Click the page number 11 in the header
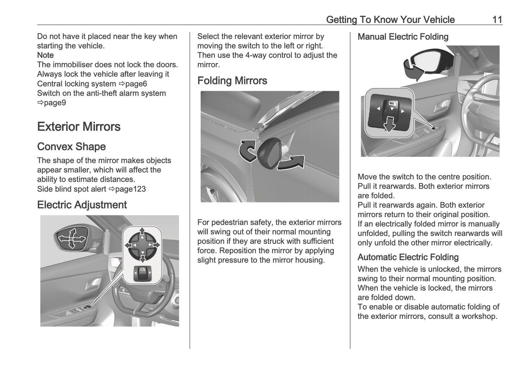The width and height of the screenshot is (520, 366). [x=497, y=19]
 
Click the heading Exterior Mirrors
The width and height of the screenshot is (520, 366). [x=79, y=127]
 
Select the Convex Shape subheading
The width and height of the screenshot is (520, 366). [x=71, y=147]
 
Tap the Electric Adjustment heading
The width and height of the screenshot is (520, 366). [x=82, y=205]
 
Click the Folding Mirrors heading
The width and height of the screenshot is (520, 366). [x=232, y=81]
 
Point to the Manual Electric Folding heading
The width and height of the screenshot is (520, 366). [x=403, y=37]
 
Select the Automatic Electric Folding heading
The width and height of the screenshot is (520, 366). [x=408, y=257]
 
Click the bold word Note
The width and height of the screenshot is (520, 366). [x=45, y=55]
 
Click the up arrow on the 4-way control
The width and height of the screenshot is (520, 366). [x=143, y=231]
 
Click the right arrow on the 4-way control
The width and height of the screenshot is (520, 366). [x=156, y=245]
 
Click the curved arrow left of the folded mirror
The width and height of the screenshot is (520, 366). [x=248, y=150]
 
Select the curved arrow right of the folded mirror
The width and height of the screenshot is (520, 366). [x=291, y=163]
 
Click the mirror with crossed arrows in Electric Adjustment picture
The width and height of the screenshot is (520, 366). [x=72, y=238]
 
